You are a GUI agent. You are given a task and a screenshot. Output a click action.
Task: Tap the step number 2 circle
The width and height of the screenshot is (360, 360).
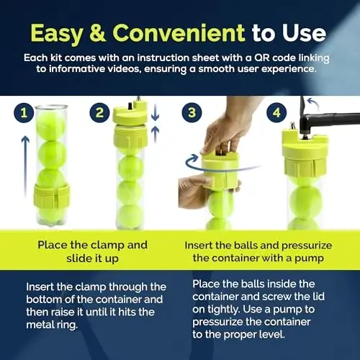(101, 114)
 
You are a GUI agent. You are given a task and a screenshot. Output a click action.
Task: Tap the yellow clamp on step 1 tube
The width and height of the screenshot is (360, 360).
(52, 195)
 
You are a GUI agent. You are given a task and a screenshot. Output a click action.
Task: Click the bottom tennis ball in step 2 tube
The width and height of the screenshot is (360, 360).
(130, 215)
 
